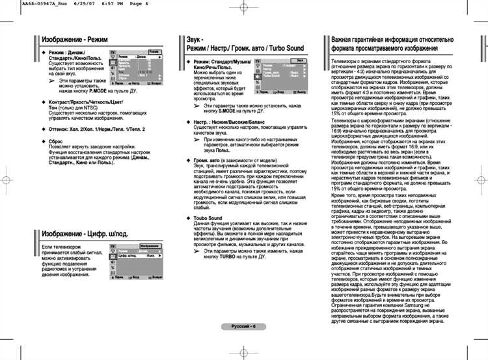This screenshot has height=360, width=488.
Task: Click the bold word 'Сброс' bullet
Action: pos(56,141)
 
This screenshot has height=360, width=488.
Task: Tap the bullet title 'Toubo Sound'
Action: pos(208,219)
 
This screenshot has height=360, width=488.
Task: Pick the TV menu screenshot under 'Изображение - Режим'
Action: pos(135,68)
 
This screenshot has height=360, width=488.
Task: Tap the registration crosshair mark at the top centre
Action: pos(244,8)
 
